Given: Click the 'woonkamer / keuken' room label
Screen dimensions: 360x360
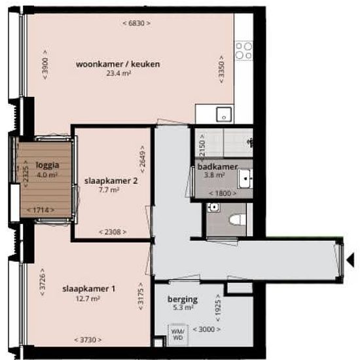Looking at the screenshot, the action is point(118,64).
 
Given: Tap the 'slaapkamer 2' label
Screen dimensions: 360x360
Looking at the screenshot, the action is point(111,181).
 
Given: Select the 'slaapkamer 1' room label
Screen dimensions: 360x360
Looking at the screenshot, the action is point(88,289).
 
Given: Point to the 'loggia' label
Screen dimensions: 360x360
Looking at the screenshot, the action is point(48,165).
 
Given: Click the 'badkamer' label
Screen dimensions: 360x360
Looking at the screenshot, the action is point(217,167).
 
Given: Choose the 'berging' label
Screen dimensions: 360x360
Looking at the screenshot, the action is point(183,299).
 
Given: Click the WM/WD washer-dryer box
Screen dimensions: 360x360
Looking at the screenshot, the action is point(178,334).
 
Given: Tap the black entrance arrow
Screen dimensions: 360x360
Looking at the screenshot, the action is point(350,261).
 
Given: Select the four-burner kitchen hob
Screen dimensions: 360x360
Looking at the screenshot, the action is point(244,51).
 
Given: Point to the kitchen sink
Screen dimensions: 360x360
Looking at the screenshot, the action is point(224,115).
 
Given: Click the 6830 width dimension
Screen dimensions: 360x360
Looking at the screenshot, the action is point(137,23).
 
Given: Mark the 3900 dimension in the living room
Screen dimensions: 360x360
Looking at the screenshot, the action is point(45,65).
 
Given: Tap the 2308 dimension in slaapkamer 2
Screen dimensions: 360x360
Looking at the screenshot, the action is point(113,232).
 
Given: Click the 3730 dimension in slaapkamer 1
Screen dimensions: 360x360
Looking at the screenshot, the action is point(88,340).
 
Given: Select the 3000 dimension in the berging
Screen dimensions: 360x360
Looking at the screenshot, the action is point(207,329).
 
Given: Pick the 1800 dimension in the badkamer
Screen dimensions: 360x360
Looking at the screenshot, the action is point(223,193).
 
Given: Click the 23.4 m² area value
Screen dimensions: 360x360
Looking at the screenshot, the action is point(118,73).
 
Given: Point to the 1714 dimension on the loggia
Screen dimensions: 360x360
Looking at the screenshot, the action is point(41,210).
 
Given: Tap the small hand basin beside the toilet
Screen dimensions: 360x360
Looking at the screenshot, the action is point(213,207).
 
